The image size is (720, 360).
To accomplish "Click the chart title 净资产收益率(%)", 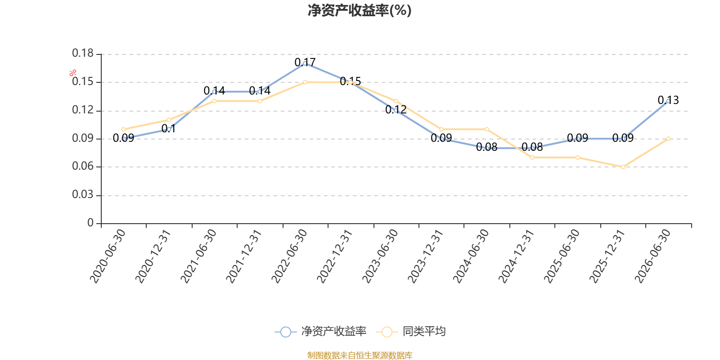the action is [360, 10].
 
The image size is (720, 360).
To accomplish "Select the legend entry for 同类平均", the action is [411, 331].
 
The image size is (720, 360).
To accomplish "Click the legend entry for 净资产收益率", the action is [320, 331].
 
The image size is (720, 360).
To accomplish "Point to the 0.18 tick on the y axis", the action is [83, 53].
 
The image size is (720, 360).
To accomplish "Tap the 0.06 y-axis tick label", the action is [83, 166].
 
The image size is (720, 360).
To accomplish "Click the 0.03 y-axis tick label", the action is [83, 194].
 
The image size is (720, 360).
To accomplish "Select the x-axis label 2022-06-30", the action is [289, 256].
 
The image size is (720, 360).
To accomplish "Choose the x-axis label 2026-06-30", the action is [653, 256].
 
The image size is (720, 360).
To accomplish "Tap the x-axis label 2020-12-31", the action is [153, 256].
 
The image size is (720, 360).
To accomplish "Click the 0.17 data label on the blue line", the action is [305, 62].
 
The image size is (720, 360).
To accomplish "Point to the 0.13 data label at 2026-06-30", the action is [668, 100].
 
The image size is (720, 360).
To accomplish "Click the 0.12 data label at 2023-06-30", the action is [396, 110].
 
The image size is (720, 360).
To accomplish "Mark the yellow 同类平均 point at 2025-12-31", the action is [623, 167].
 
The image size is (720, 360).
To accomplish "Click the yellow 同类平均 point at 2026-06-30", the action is [669, 139].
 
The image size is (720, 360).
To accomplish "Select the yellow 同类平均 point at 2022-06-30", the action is [305, 82].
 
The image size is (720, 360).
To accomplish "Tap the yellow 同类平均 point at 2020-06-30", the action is [123, 130].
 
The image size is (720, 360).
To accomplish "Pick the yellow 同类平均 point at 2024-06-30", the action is [486, 130].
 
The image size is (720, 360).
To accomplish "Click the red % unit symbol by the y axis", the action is [73, 73].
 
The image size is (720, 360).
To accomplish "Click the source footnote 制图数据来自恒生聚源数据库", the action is [360, 355].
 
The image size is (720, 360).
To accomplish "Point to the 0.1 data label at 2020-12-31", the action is [168, 129].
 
